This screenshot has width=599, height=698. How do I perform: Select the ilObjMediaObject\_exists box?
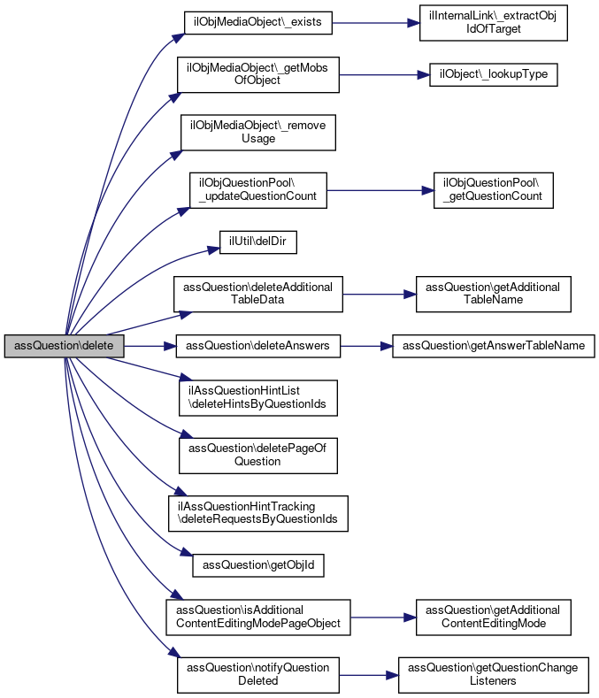257,23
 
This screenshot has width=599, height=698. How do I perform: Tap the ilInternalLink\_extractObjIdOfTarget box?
492,23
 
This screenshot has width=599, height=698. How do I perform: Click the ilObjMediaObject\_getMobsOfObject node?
257,74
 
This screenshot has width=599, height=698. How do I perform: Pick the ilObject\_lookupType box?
493,74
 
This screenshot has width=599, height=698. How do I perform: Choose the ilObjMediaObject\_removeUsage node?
257,132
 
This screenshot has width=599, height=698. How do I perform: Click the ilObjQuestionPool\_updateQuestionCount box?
258,189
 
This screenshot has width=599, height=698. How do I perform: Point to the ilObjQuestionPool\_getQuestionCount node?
493,189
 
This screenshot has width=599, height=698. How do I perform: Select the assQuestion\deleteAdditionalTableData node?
257,293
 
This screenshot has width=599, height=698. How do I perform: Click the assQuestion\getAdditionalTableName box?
493,293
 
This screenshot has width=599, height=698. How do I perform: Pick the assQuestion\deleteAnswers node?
258,344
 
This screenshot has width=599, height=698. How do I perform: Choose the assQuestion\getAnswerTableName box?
493,344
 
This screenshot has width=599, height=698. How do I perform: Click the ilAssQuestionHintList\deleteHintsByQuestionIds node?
257,396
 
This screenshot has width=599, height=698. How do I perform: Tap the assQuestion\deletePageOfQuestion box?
257,454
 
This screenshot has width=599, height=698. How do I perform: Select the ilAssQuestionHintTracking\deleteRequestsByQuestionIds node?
257,512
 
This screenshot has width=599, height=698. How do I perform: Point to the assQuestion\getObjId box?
258,564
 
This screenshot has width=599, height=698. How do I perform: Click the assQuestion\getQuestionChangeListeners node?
493,674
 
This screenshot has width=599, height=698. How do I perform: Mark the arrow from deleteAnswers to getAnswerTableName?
366,344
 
